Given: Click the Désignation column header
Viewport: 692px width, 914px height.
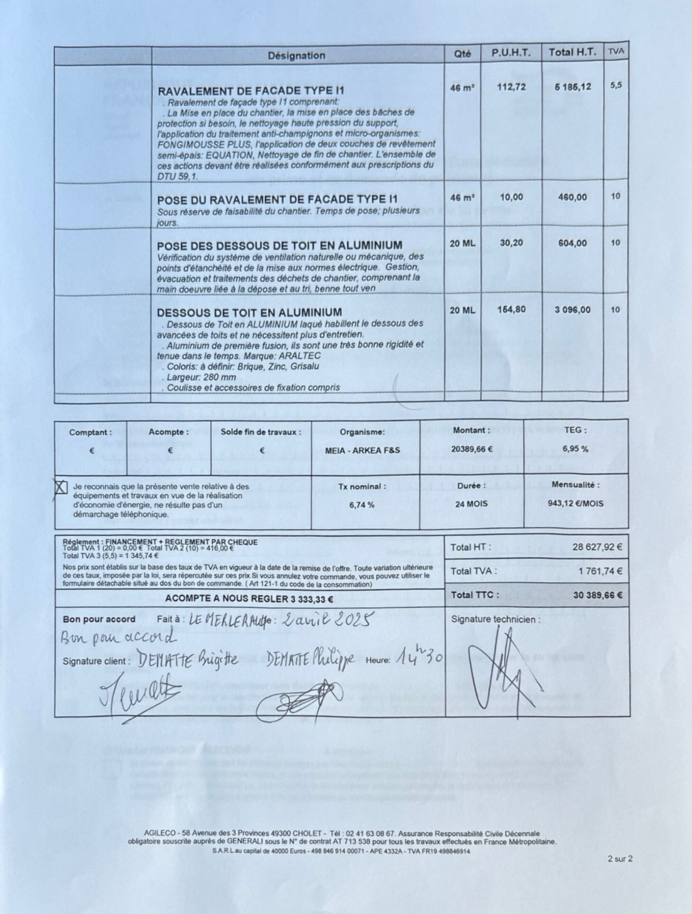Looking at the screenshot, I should coord(296,55).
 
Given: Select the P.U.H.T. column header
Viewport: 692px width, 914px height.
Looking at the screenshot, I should coord(511,53).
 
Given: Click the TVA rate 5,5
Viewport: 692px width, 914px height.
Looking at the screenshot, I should coord(616,85).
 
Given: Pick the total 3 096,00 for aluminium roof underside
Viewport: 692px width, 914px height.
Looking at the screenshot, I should coord(572,310).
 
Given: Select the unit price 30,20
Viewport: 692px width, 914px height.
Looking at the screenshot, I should coord(511,243).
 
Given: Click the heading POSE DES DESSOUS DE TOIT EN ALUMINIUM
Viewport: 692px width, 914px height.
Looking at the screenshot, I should coord(279,245).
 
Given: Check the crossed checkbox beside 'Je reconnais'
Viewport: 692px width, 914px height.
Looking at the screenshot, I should coord(61,488).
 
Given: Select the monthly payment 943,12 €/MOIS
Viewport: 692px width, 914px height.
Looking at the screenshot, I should coord(575,504).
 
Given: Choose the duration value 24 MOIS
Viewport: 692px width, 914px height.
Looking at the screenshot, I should coord(471,504).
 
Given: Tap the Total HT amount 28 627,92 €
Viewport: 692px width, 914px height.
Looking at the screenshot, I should coord(597,547).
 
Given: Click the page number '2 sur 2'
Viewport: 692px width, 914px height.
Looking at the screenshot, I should coord(620,859).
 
